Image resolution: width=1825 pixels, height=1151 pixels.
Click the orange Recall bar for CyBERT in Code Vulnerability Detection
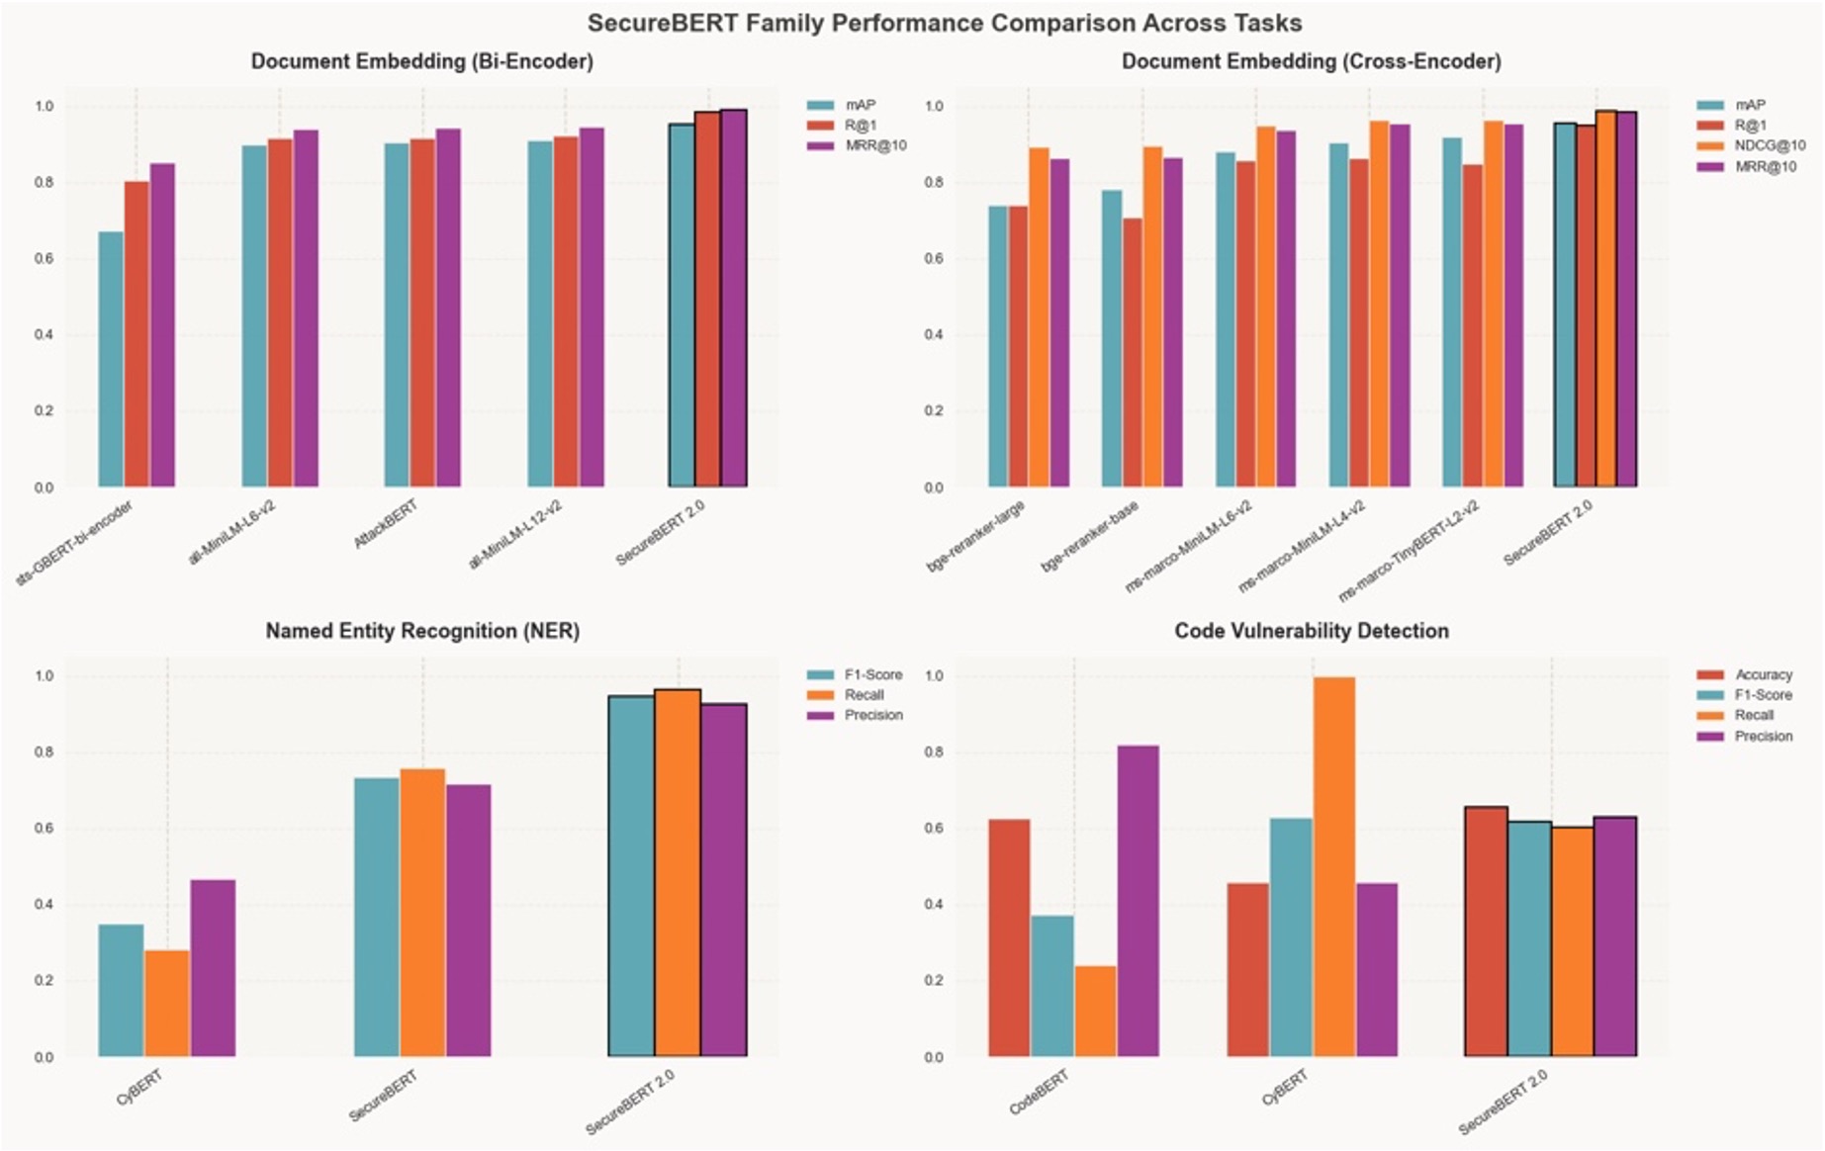pos(1334,866)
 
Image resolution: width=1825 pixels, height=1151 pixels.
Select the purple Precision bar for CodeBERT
pos(1138,900)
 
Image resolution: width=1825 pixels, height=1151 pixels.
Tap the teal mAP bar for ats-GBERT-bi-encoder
pos(111,359)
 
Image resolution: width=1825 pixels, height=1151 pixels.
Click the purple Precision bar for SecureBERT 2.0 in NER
pos(724,880)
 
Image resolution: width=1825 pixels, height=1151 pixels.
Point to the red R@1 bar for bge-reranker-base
pos(1132,352)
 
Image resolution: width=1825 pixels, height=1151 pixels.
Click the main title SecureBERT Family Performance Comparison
pos(944,23)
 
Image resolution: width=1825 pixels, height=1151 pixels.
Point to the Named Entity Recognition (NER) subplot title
pos(422,631)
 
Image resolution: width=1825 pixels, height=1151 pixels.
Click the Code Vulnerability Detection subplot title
pos(1311,631)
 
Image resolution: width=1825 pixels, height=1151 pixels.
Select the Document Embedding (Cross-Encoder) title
pos(1311,61)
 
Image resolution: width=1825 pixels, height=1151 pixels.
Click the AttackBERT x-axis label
pos(386,525)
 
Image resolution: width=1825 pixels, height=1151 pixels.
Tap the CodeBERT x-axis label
pos(1039,1093)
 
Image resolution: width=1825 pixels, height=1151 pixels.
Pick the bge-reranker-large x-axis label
pos(975,537)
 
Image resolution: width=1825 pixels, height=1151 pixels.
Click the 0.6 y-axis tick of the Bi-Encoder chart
pos(45,259)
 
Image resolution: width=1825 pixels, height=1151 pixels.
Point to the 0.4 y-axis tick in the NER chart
pos(45,905)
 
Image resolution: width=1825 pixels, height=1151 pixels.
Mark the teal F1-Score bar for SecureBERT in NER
pos(376,917)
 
